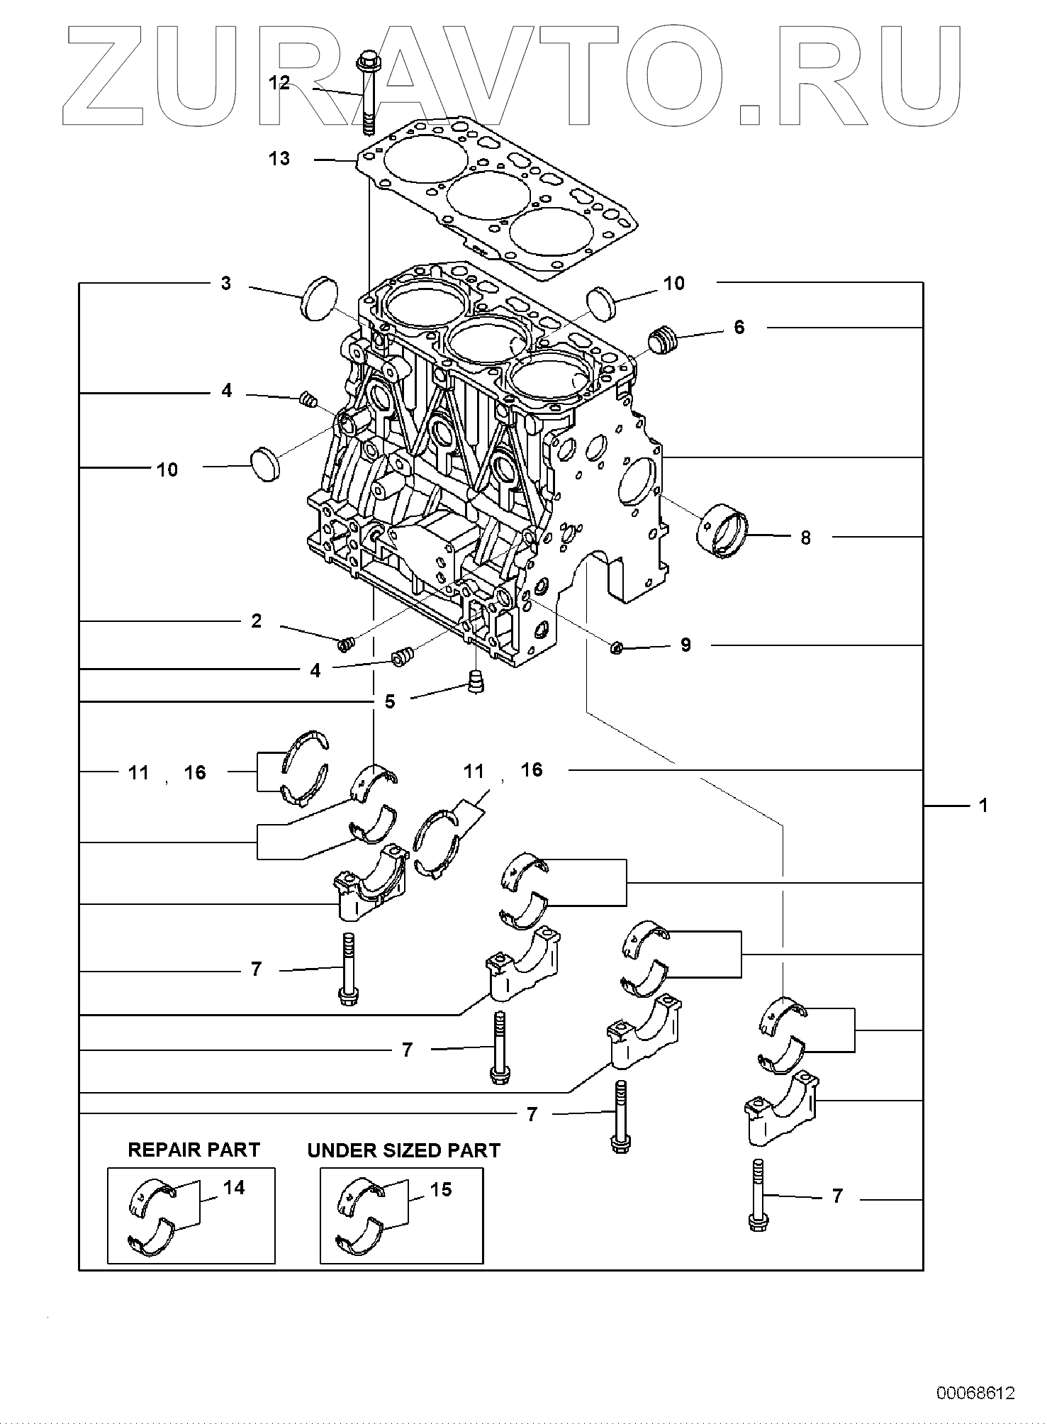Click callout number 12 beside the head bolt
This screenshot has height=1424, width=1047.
[279, 83]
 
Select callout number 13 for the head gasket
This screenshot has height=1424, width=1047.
[279, 158]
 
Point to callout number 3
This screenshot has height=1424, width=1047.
[225, 284]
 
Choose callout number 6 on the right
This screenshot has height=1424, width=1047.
[739, 327]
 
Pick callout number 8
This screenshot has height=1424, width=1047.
[805, 538]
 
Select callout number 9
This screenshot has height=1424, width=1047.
[685, 645]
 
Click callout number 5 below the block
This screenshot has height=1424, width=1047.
[390, 701]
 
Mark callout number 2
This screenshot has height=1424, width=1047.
[256, 621]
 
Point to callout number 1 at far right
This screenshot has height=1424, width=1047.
[983, 805]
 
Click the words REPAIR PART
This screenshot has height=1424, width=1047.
[194, 1150]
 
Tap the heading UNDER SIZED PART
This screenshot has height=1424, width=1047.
[404, 1150]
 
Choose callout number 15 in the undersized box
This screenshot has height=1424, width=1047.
[441, 1189]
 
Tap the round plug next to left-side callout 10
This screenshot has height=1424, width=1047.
[267, 463]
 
